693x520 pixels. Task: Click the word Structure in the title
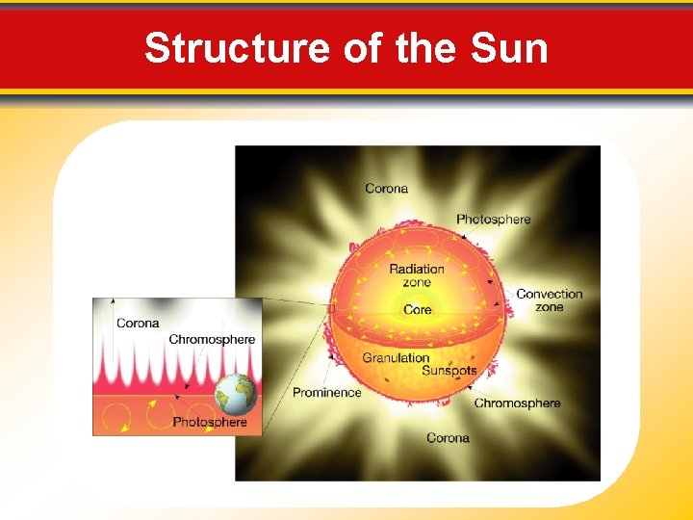[236, 48]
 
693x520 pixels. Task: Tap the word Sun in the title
[509, 48]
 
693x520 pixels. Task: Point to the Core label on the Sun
[417, 310]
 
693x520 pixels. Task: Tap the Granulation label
[395, 358]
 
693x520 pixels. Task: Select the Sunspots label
[449, 371]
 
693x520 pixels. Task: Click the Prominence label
[326, 392]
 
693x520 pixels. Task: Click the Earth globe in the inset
[237, 394]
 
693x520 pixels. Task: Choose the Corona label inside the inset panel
[138, 324]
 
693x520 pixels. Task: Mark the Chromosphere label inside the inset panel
[212, 339]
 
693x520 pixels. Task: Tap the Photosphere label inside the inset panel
[210, 422]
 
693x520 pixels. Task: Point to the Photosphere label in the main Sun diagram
[493, 220]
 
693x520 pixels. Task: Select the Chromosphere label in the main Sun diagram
[517, 403]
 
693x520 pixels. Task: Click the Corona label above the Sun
[386, 189]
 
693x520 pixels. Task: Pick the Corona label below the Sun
[448, 438]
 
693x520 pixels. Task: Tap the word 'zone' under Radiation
[417, 283]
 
